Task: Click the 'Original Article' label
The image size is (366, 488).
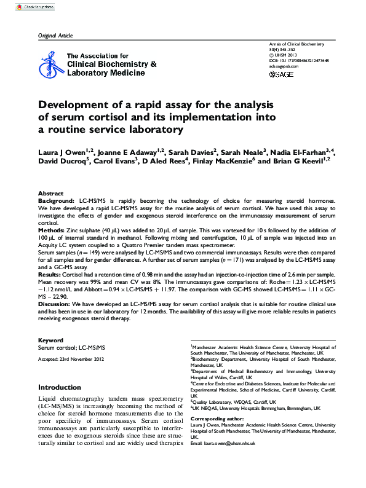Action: pyautogui.click(x=55, y=36)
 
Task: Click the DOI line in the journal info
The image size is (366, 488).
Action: pyautogui.click(x=299, y=61)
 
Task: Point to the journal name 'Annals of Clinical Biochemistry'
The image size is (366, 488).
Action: pyautogui.click(x=296, y=44)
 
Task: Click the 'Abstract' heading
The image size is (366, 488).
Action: pyautogui.click(x=50, y=193)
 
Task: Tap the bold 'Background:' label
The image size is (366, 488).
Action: pyautogui.click(x=57, y=200)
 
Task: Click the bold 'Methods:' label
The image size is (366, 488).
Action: pyautogui.click(x=53, y=229)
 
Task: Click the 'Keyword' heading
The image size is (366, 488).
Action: pyautogui.click(x=50, y=340)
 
